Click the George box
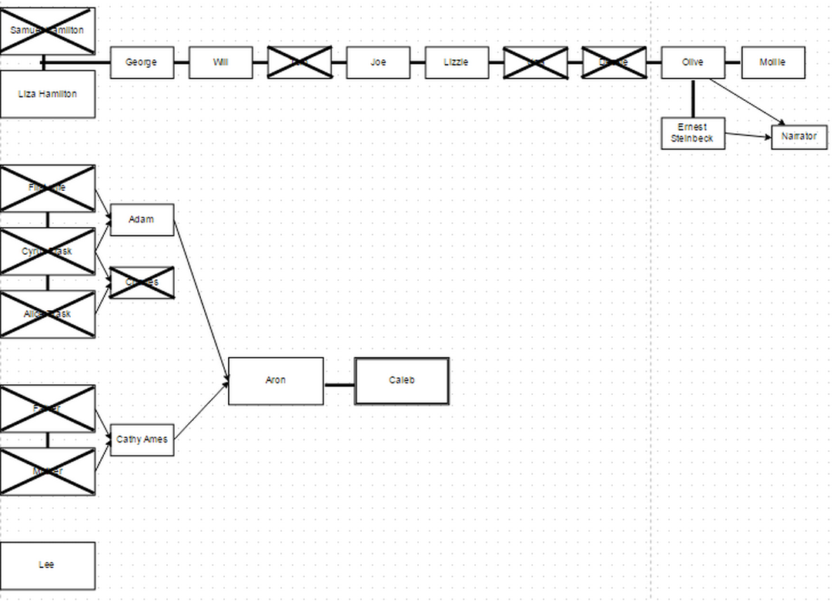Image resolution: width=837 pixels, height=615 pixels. click(142, 62)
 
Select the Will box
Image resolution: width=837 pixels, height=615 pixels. click(221, 62)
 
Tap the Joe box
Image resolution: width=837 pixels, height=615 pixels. click(378, 62)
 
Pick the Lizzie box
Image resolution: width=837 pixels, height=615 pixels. click(457, 62)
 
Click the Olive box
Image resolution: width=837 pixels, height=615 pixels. click(692, 62)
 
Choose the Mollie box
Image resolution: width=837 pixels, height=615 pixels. click(773, 62)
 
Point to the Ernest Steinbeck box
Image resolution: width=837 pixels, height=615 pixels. click(692, 133)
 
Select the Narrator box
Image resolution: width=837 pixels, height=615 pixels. click(798, 137)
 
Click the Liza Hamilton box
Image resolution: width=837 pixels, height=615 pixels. click(48, 94)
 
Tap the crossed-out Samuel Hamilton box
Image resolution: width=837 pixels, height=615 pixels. click(48, 31)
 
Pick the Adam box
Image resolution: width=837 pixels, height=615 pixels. click(142, 220)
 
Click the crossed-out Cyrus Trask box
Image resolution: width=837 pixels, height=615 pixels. click(48, 251)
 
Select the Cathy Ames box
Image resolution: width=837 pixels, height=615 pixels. click(142, 440)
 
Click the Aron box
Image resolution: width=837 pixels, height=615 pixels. click(276, 380)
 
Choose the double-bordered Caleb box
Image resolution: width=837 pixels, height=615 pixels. click(401, 380)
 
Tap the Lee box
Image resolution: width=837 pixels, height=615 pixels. click(48, 565)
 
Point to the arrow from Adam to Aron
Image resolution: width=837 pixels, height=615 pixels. click(201, 300)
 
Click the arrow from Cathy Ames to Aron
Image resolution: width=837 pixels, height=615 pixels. click(201, 411)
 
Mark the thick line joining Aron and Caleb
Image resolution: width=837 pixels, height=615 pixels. click(339, 385)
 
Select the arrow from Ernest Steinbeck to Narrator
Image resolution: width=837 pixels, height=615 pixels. click(748, 136)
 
